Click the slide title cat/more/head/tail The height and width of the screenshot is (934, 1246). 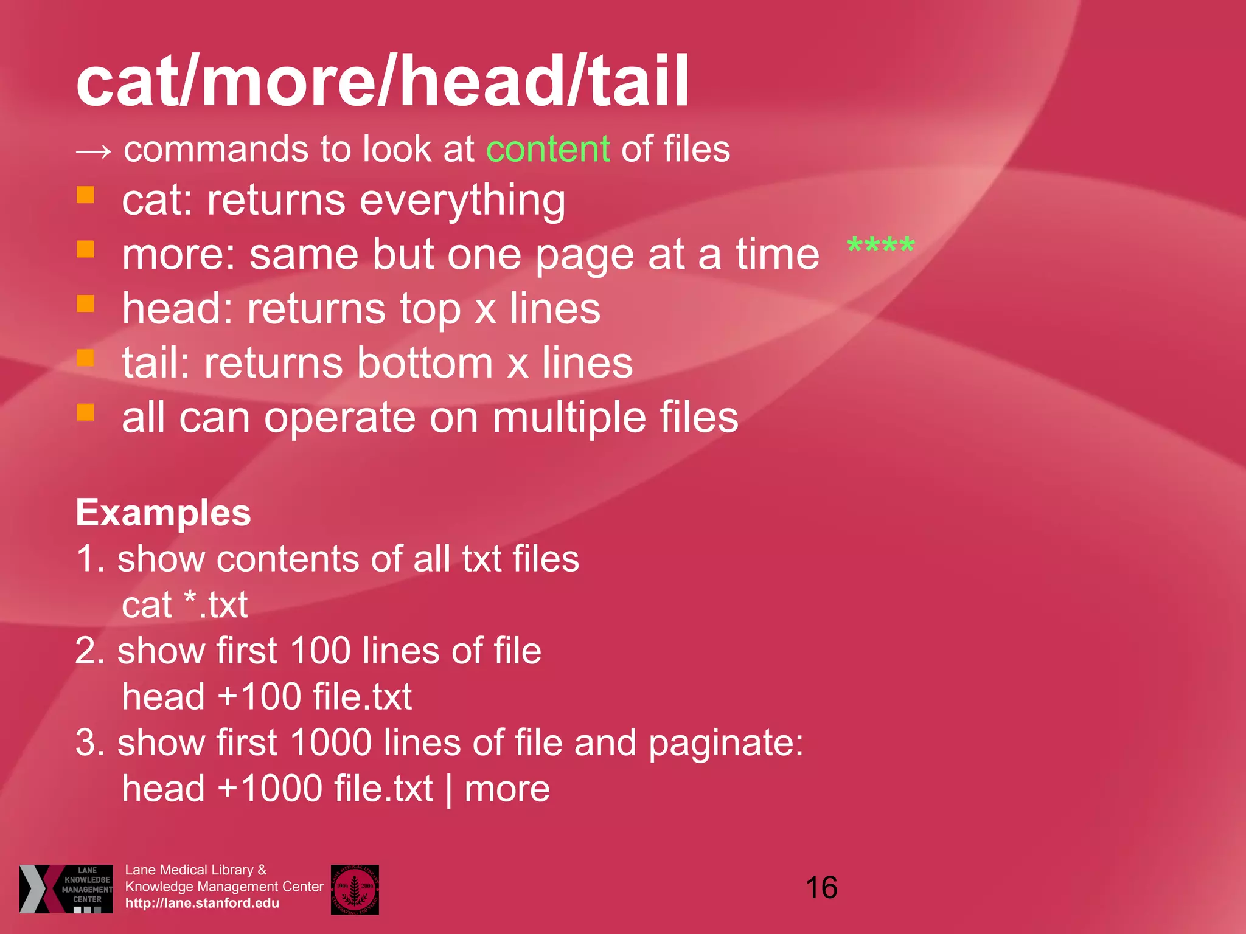382,80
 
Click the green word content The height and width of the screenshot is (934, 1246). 548,149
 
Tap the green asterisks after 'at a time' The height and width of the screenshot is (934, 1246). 880,246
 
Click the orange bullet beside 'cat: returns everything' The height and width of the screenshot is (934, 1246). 85,195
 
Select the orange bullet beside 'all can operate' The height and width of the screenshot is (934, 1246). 85,412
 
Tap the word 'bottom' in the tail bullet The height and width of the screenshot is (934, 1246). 425,363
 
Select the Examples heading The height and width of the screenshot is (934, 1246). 163,513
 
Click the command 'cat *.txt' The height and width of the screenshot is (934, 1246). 184,605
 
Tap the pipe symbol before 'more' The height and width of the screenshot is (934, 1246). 449,790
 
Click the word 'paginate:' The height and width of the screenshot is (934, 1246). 725,743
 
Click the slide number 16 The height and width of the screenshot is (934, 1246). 821,888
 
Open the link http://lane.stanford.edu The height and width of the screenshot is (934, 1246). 202,903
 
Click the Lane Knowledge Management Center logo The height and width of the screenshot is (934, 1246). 66,888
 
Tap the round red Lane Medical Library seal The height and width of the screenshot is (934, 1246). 355,889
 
